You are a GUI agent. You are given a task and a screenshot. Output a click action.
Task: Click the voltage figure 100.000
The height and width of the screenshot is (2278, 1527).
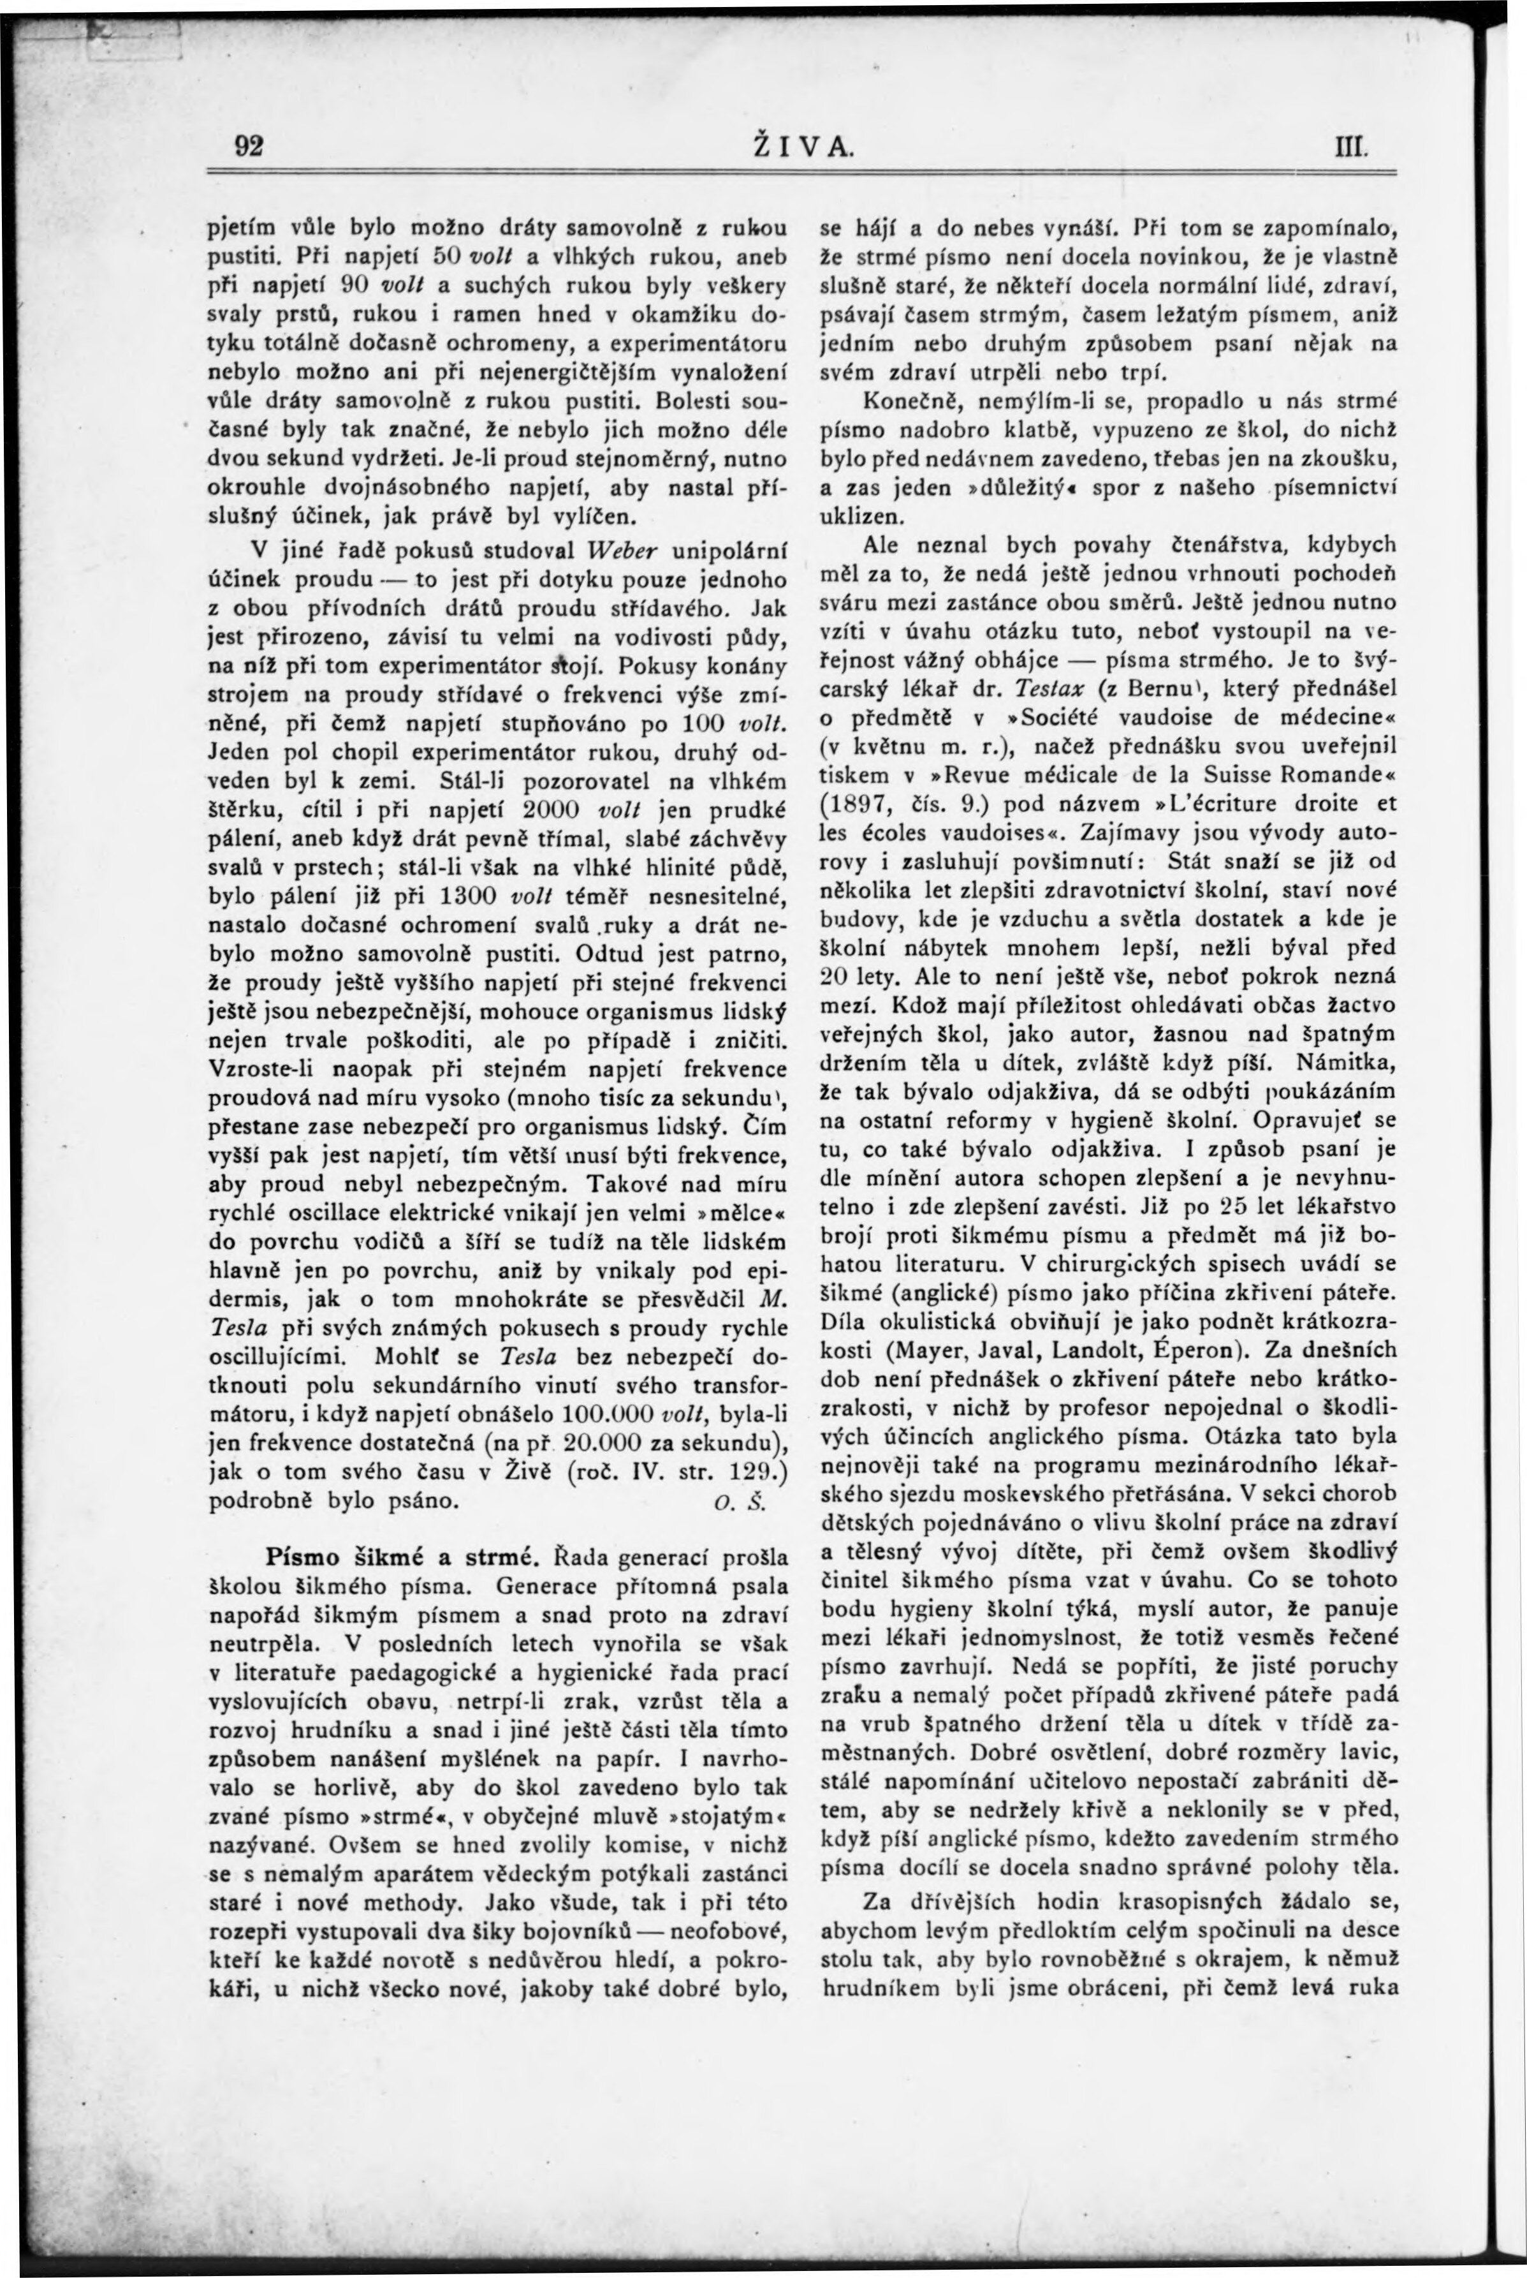(x=603, y=1414)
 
